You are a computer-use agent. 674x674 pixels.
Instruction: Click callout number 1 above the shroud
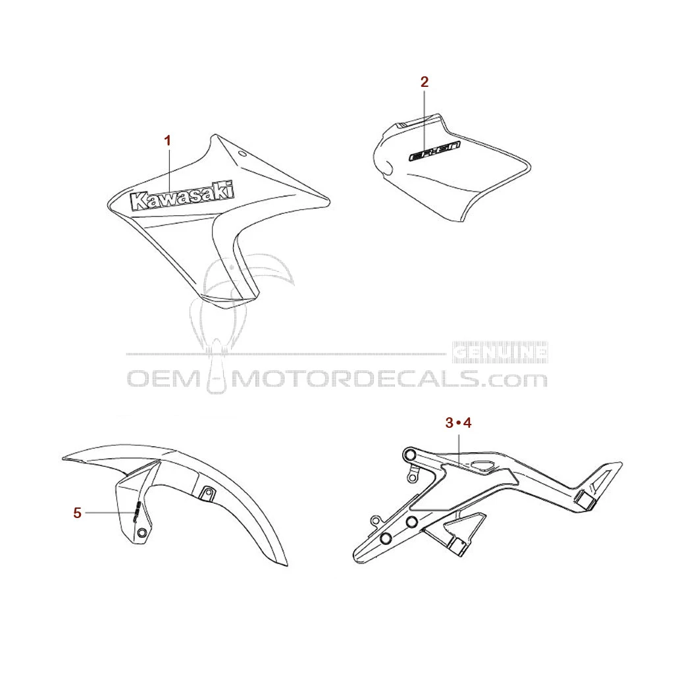[x=168, y=140]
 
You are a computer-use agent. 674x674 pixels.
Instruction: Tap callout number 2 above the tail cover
[x=425, y=82]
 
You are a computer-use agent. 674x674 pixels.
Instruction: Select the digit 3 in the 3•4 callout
[x=450, y=423]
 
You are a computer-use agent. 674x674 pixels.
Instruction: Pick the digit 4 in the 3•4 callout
[x=467, y=423]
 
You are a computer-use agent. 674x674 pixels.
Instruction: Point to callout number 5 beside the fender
[x=78, y=513]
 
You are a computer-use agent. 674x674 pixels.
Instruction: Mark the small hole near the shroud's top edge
[x=242, y=155]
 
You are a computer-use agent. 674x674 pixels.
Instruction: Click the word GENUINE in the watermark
[x=500, y=353]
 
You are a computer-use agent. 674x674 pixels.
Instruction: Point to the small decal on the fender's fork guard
[x=136, y=511]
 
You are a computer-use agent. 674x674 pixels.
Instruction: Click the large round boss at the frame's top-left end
[x=410, y=455]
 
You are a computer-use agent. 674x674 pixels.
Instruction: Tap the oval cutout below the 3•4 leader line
[x=483, y=467]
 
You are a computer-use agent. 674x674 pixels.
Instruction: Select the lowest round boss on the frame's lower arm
[x=386, y=539]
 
